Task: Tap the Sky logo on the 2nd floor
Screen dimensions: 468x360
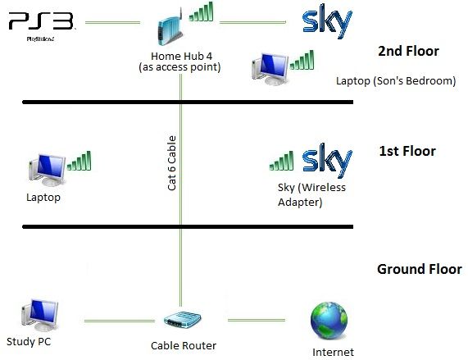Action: [x=327, y=21]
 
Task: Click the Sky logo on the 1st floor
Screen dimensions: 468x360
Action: [x=327, y=161]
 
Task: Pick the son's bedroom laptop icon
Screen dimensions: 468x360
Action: [x=270, y=69]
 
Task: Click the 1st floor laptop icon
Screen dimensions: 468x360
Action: [x=48, y=170]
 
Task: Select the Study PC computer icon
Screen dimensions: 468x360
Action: [x=40, y=315]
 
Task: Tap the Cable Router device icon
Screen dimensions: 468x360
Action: [x=183, y=319]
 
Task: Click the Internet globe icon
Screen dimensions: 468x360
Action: [x=329, y=321]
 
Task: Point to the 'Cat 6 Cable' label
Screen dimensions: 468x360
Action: [x=171, y=163]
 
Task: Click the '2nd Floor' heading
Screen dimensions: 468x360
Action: [x=408, y=51]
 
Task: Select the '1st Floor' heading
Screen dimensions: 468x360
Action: [x=407, y=151]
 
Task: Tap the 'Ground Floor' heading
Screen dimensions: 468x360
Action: [x=420, y=269]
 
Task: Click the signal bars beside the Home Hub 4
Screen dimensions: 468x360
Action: [x=201, y=11]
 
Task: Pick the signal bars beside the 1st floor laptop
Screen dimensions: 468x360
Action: [x=80, y=161]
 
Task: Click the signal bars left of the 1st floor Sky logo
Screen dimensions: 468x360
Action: [x=281, y=161]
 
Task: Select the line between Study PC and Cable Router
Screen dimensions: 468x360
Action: [x=120, y=321]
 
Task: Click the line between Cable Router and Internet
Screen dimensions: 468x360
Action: [x=257, y=321]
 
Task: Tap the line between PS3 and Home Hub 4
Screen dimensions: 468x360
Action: [x=112, y=22]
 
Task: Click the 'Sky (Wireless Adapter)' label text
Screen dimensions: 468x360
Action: [x=311, y=194]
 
